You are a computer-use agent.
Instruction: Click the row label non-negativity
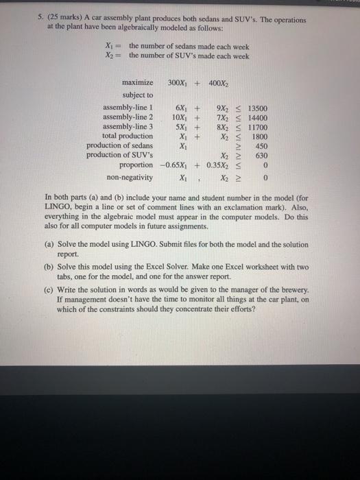(x=129, y=176)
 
